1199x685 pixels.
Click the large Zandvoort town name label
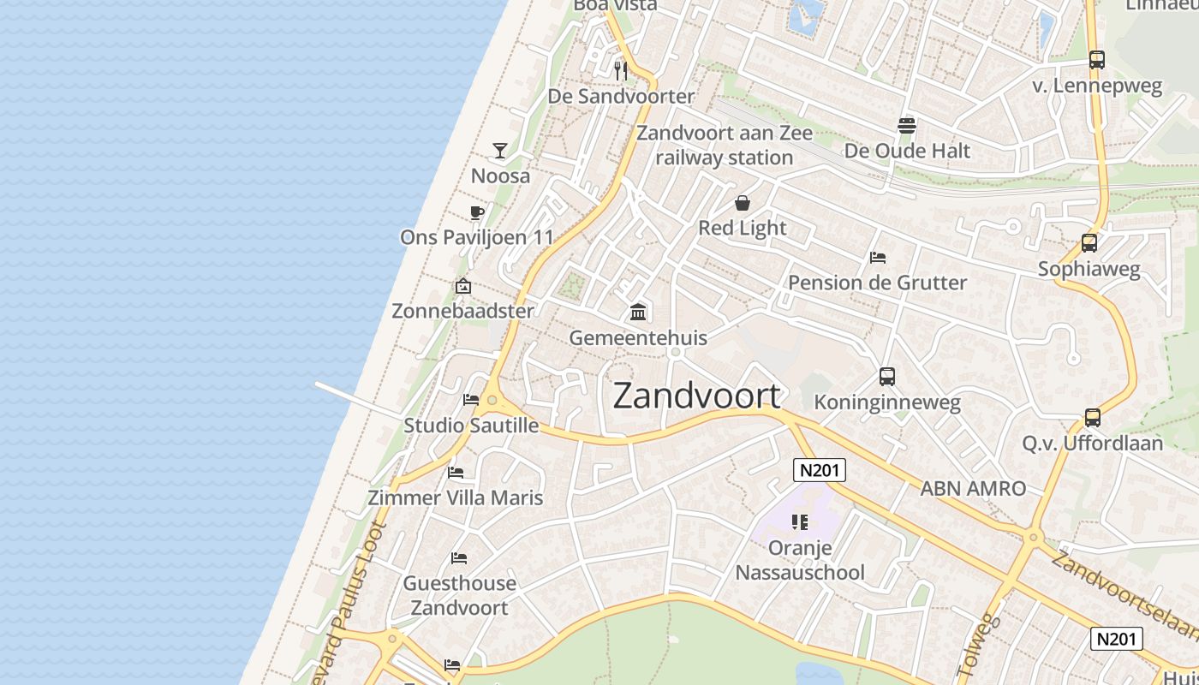tap(696, 396)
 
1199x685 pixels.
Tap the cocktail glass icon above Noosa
tap(500, 151)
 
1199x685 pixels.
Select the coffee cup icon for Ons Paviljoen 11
tap(477, 212)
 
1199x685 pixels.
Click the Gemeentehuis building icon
tap(638, 312)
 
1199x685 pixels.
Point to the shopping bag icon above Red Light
tap(743, 203)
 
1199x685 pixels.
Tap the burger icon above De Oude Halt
tap(907, 126)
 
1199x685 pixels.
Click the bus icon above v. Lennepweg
tap(1097, 60)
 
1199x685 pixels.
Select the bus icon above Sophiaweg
tap(1089, 243)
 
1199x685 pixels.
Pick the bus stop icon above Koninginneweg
tap(887, 377)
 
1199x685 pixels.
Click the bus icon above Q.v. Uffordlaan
tap(1093, 418)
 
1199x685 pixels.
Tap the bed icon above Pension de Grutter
tap(877, 257)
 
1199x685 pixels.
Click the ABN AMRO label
tap(973, 489)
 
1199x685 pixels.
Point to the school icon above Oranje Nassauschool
tap(800, 521)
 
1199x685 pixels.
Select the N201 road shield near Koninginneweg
tap(820, 469)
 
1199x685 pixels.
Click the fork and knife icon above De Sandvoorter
tap(621, 70)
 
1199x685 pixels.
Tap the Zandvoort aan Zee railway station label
tap(725, 145)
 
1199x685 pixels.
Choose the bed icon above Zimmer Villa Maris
tap(456, 472)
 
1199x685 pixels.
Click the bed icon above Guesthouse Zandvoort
tap(459, 558)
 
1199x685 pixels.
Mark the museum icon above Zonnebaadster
tap(463, 286)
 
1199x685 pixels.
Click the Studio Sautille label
tap(471, 426)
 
